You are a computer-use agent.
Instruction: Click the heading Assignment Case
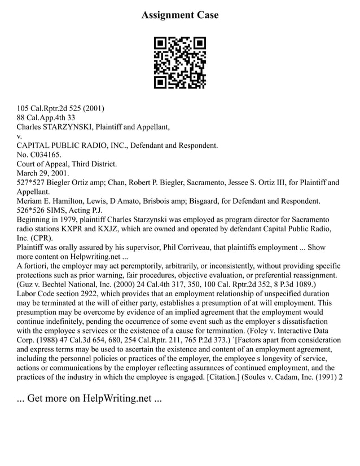179,15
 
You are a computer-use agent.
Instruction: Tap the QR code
180,63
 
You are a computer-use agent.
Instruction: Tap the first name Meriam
32,201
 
